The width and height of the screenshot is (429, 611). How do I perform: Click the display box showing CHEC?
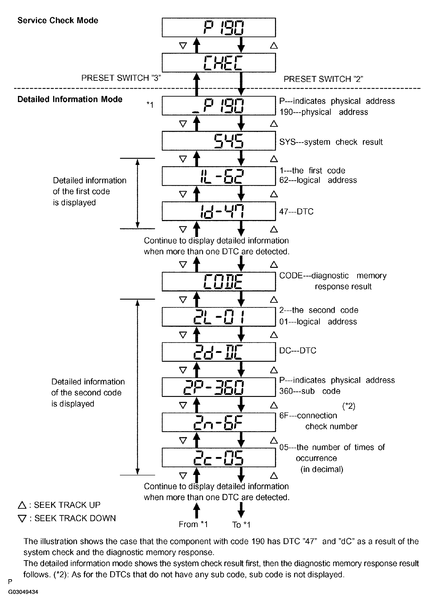tap(218, 63)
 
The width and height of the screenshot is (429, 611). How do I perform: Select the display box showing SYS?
tap(218, 141)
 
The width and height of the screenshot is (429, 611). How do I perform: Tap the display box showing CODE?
tap(218, 281)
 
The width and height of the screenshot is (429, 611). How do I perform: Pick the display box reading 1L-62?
tap(218, 176)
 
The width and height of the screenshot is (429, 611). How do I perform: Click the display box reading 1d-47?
tap(218, 211)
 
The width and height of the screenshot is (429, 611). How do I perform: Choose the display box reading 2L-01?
tap(218, 317)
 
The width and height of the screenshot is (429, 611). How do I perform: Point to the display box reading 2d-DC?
tap(218, 352)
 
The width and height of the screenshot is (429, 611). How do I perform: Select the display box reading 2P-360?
tap(218, 387)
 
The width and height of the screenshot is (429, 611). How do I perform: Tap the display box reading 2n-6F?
tap(218, 422)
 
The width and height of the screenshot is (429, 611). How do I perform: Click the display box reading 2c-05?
tap(218, 457)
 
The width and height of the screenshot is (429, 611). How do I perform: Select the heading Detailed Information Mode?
tap(70, 99)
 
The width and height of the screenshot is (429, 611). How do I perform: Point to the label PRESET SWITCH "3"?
tap(121, 78)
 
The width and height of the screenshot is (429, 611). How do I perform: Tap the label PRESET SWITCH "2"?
tap(323, 79)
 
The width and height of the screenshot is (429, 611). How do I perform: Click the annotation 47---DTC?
tap(296, 212)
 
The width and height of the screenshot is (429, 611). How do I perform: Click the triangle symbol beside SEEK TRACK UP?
tap(22, 505)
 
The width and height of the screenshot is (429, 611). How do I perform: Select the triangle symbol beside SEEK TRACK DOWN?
tap(22, 518)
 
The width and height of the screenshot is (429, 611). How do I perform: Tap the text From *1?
tap(193, 524)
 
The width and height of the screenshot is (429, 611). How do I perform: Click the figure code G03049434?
tap(23, 592)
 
